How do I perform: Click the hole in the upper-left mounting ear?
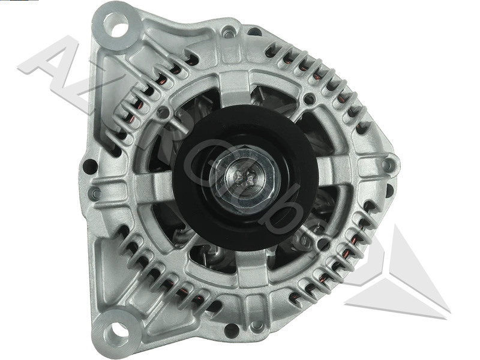(x=116, y=25)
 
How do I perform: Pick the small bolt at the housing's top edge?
(x=229, y=31)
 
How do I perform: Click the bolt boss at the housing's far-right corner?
(x=388, y=163)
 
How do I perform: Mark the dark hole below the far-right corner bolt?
(x=389, y=190)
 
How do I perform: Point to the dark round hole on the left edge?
(x=90, y=166)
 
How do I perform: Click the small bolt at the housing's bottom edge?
(x=257, y=326)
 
